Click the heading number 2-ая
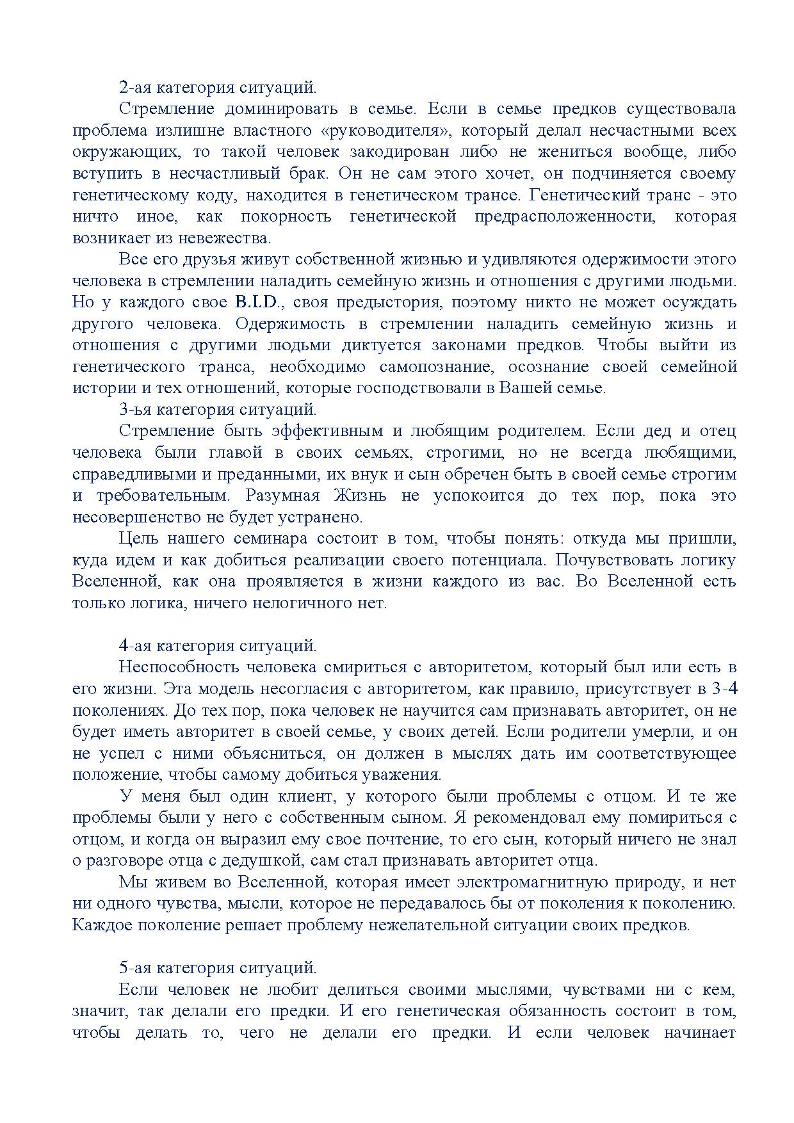135,87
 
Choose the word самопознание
436,367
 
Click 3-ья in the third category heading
135,409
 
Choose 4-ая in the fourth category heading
135,646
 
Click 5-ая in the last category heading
135,967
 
